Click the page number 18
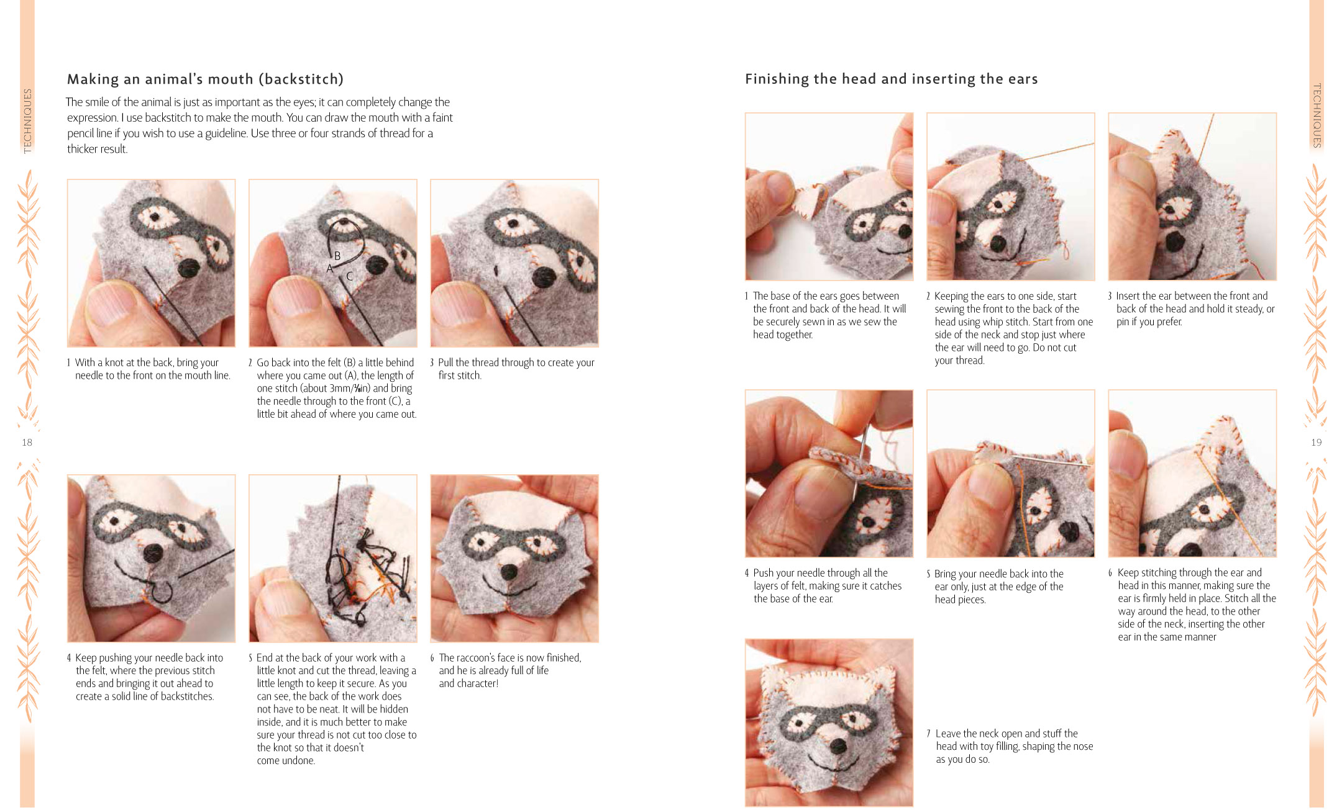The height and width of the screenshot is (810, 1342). [27, 443]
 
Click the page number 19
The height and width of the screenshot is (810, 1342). [1316, 443]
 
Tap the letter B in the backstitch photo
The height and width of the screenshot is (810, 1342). [337, 256]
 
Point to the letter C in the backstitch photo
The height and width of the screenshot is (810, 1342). [350, 276]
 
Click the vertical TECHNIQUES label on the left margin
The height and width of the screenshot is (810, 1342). [27, 120]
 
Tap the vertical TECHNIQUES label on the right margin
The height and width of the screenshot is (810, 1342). [1317, 115]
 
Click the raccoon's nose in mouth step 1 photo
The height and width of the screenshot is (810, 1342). [188, 268]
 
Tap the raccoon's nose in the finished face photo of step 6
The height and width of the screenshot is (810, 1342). [510, 571]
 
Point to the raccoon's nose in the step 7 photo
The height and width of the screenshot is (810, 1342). [838, 745]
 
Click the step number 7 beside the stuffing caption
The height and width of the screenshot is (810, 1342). [928, 734]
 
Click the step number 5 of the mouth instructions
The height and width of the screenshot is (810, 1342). [250, 658]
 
